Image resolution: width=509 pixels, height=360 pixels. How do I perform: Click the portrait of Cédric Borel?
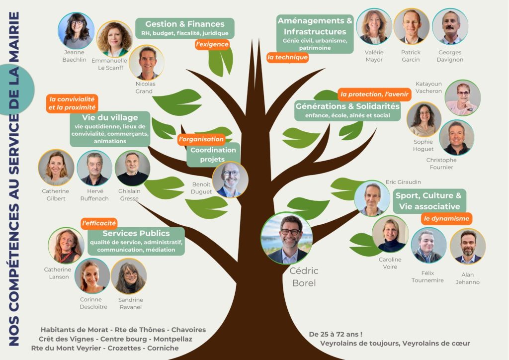tap(286, 238)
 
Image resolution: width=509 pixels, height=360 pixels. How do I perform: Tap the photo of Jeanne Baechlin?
tap(76, 31)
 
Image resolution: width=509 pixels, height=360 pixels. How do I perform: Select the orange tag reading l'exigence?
tap(212, 44)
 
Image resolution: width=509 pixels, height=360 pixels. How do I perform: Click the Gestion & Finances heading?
tap(184, 24)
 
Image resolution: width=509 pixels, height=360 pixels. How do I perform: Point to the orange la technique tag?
tap(287, 57)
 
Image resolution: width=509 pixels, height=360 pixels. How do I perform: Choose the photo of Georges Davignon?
tap(450, 26)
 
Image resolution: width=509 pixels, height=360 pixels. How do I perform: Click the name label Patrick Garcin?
tap(411, 56)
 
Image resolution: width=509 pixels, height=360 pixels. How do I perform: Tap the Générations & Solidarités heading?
tap(347, 106)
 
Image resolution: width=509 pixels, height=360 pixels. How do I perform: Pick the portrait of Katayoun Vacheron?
tap(462, 98)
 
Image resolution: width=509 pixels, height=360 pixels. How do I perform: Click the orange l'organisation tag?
tap(201, 139)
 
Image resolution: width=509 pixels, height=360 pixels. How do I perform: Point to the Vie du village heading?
tap(110, 117)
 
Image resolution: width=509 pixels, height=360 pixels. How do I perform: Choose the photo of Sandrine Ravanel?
tap(129, 276)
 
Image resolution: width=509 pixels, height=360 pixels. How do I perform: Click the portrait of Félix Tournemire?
tap(428, 246)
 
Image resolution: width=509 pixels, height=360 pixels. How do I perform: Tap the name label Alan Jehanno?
tap(467, 278)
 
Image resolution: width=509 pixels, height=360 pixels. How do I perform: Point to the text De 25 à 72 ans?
tap(335, 334)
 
